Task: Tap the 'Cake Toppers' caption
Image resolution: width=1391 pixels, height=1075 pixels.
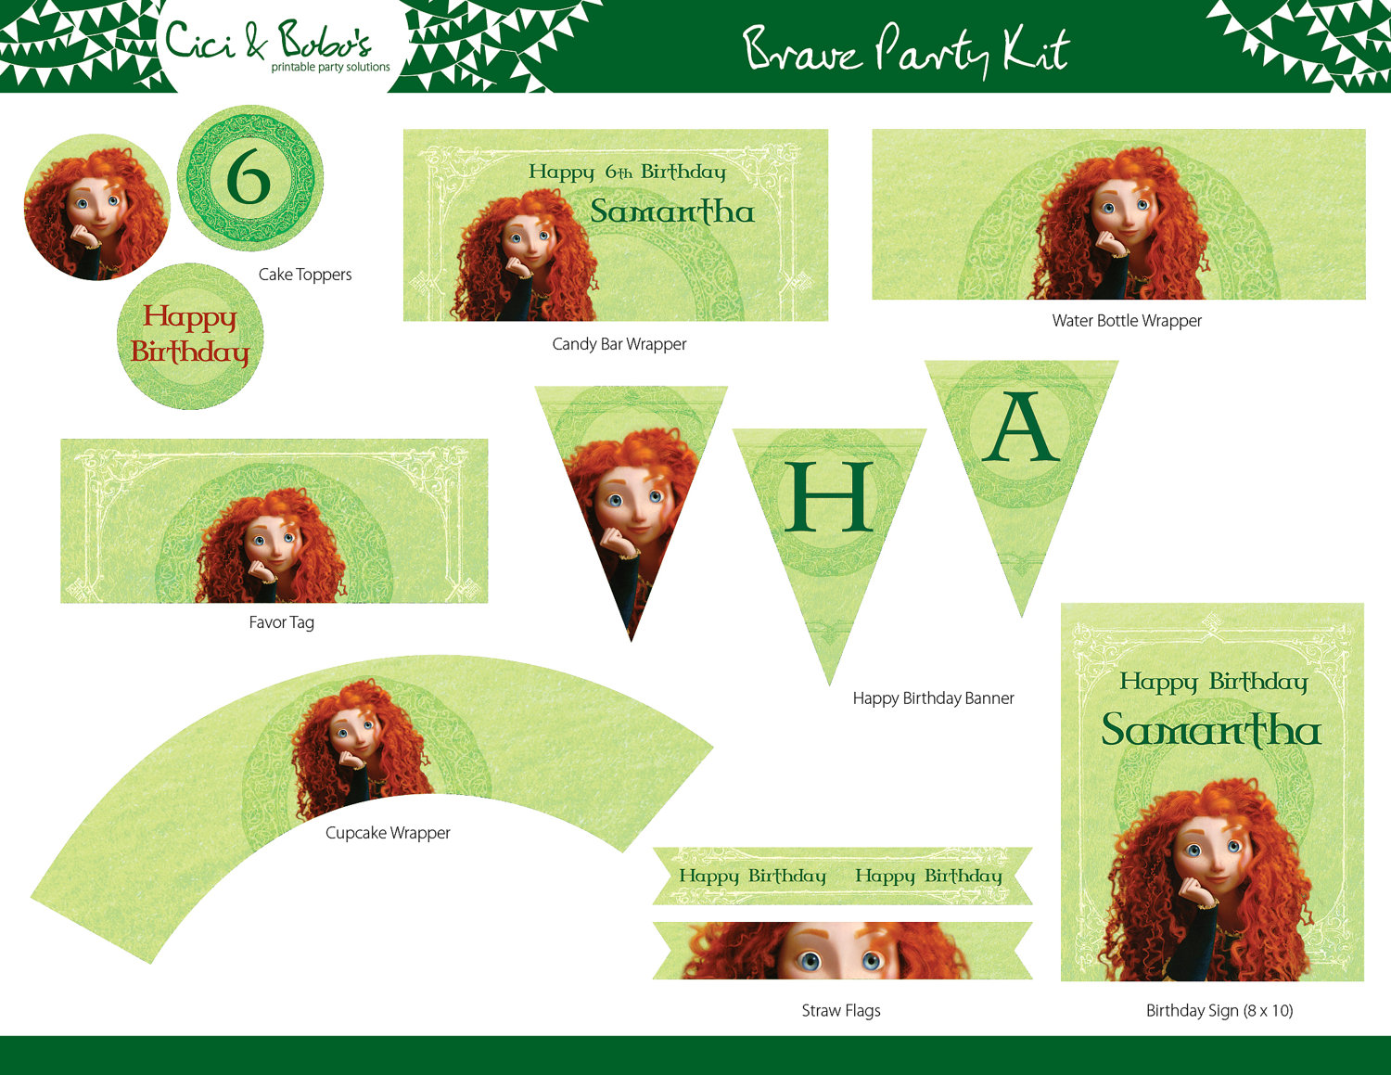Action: tap(305, 275)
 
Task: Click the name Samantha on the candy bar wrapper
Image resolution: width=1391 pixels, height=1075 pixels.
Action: tap(672, 211)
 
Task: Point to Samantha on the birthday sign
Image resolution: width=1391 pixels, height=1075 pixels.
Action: tap(1210, 730)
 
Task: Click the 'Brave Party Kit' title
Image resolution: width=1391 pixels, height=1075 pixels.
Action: tap(906, 50)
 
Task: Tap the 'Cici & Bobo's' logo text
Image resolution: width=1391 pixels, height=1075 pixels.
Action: tap(268, 40)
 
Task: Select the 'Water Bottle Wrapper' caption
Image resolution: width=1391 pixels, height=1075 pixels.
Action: tap(1127, 321)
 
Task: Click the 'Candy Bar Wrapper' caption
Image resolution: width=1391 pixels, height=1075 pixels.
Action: tap(619, 344)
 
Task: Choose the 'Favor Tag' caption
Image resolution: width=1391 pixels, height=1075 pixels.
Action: tap(282, 622)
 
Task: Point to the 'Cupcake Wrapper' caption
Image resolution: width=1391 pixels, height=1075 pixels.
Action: tap(388, 833)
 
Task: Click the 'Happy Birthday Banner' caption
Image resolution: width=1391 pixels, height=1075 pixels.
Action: tap(933, 698)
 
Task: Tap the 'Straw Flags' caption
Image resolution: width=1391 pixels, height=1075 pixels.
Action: tap(841, 1010)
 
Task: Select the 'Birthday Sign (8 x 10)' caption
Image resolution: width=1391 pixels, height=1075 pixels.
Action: tap(1219, 1010)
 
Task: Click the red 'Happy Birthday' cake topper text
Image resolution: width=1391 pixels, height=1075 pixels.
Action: tap(190, 335)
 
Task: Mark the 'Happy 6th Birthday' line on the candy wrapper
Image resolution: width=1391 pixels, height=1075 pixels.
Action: tap(627, 173)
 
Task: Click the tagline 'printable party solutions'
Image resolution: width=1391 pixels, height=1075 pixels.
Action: tap(330, 67)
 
